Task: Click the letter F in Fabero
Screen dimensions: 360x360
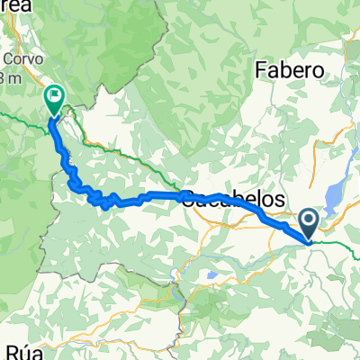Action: pyautogui.click(x=262, y=69)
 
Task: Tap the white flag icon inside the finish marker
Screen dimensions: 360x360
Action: pyautogui.click(x=54, y=94)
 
